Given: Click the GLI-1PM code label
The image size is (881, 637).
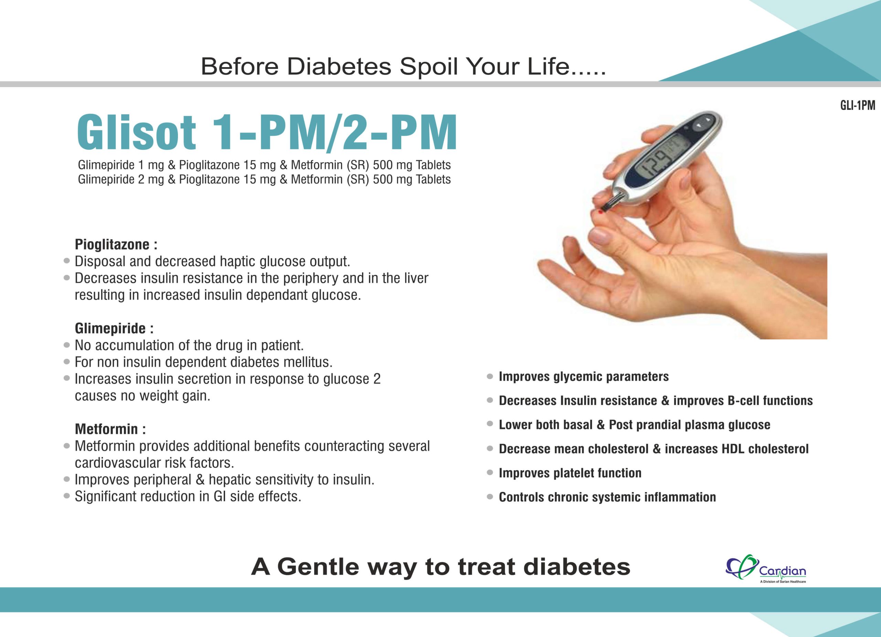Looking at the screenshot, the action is tap(858, 105).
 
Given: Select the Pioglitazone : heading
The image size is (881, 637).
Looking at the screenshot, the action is tap(116, 244).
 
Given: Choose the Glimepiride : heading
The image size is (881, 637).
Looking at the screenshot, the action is tap(114, 329).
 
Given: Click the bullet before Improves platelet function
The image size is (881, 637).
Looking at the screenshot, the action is tap(490, 473).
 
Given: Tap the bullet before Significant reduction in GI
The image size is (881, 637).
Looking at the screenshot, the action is tap(67, 496).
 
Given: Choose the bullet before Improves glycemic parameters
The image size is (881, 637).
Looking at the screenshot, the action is tap(490, 376).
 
